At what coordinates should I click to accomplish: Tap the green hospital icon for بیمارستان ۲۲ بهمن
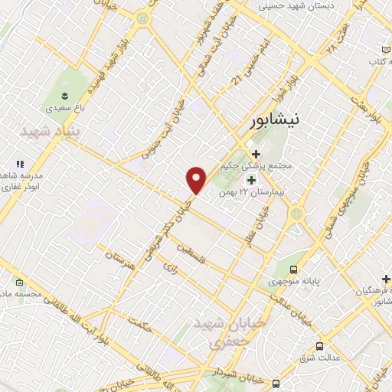click(250, 179)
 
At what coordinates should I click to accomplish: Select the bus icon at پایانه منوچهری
click(294, 269)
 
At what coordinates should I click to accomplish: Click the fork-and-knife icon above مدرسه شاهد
click(20, 164)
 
